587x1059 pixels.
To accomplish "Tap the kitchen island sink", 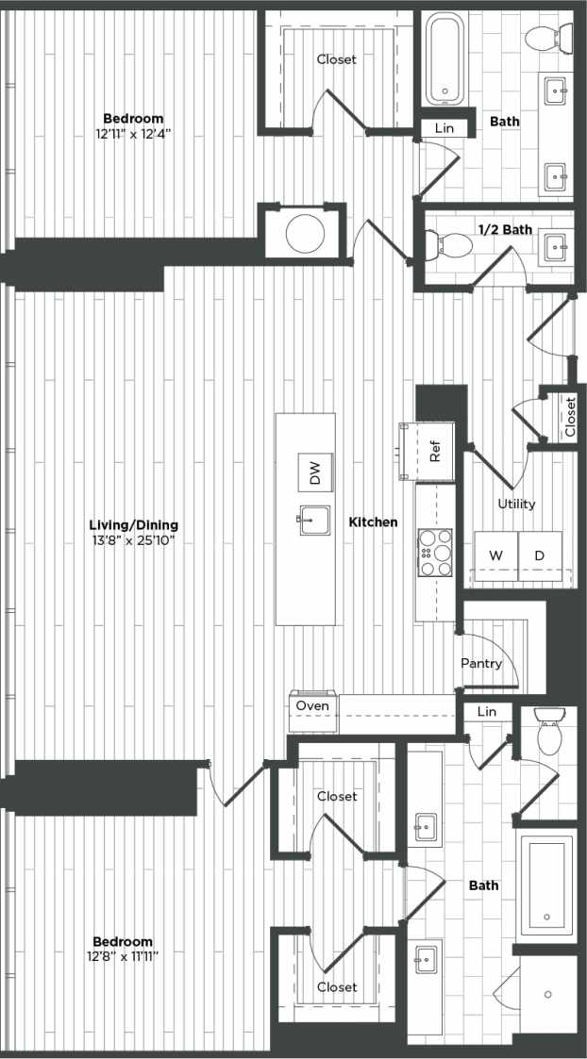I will [312, 521].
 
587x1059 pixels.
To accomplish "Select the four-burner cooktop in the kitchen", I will [436, 552].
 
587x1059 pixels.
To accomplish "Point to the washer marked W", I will [495, 556].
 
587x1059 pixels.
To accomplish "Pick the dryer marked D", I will [540, 556].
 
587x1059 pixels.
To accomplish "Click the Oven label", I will [312, 705].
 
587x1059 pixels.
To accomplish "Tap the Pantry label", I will [481, 664].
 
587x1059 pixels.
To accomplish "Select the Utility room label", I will [516, 504].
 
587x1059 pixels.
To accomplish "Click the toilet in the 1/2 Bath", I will [452, 245].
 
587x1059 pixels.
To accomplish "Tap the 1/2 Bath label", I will [505, 229].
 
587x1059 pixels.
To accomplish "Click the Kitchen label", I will [374, 521].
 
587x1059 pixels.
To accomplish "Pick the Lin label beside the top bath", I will [444, 128].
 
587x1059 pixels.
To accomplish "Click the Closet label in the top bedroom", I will [337, 59].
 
